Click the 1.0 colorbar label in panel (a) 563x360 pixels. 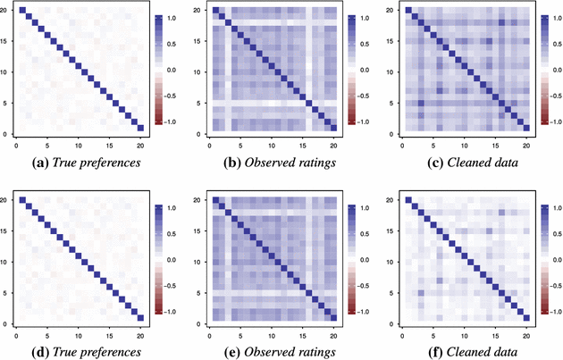point(172,18)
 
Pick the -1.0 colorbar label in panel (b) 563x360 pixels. point(363,122)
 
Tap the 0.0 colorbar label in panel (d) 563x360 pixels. point(172,260)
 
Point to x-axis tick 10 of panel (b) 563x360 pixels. point(272,146)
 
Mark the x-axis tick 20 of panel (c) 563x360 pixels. point(526,146)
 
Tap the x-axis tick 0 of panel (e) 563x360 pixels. point(209,336)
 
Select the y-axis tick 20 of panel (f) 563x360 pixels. point(390,200)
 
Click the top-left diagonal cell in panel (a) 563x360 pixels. point(22,10)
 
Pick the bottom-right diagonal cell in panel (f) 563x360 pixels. point(526,318)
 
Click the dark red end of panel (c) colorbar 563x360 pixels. point(545,122)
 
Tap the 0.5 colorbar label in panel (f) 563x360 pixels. point(558,234)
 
